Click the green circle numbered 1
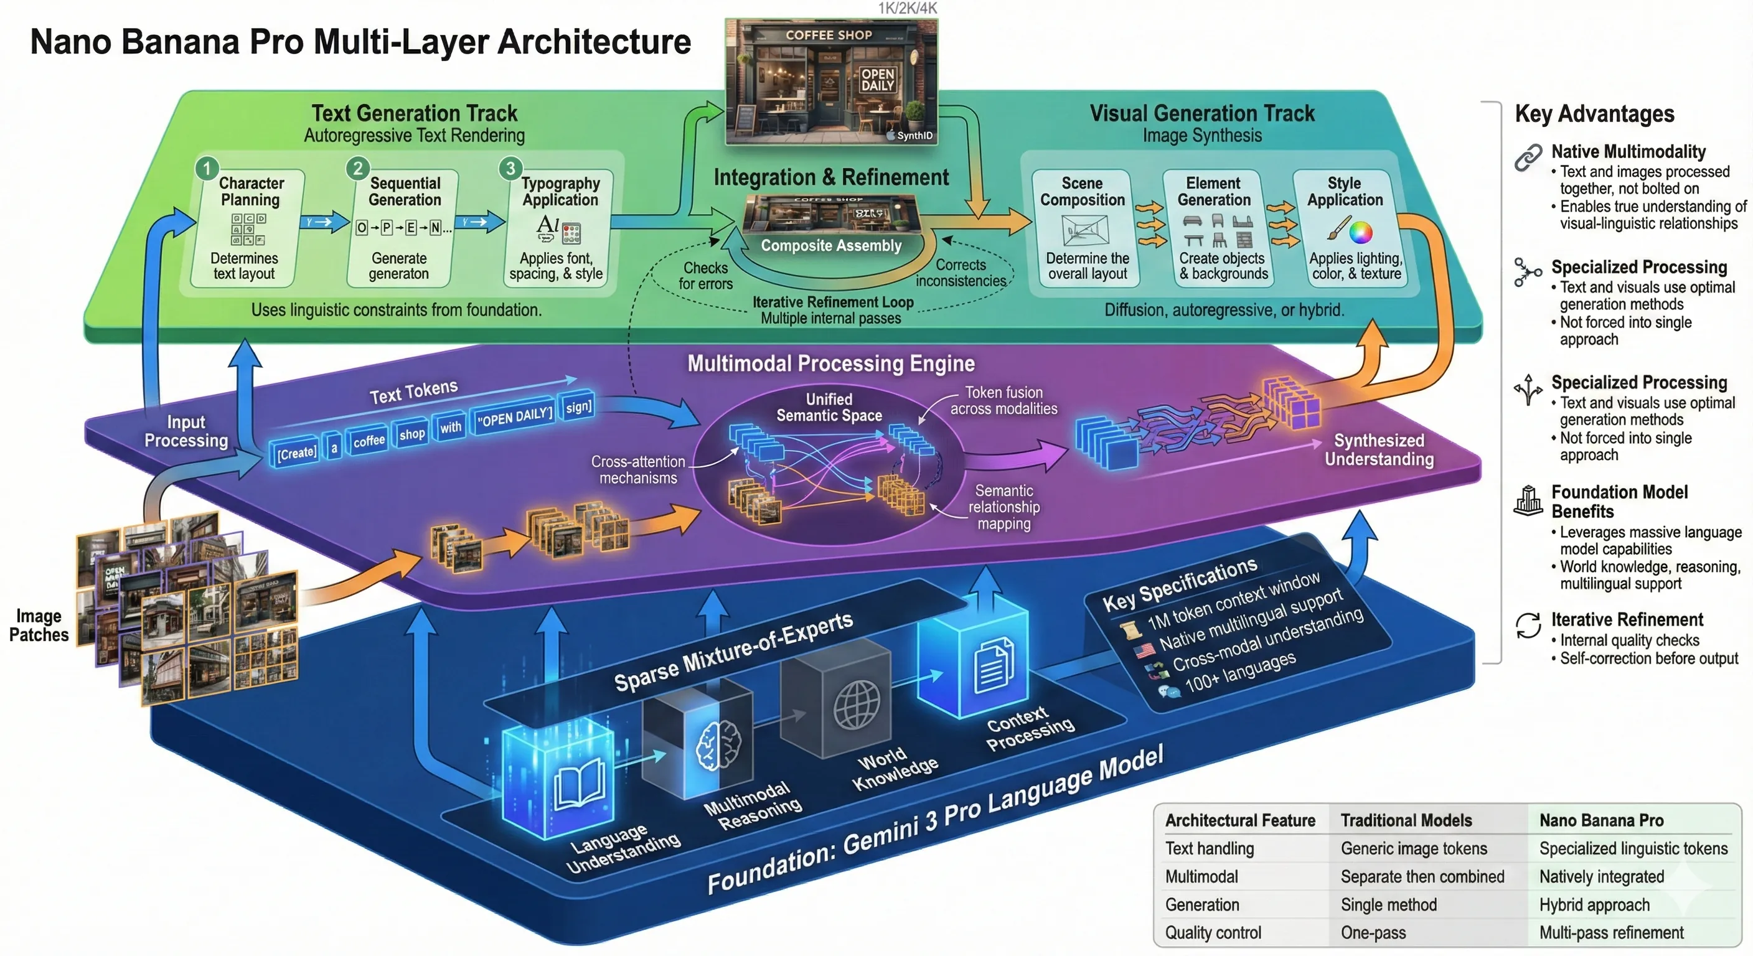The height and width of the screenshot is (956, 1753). pyautogui.click(x=207, y=167)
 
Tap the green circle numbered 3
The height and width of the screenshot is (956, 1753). pyautogui.click(x=510, y=167)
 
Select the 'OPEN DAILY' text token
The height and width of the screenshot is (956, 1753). pyautogui.click(x=514, y=416)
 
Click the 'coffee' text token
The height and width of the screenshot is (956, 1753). pyautogui.click(x=369, y=440)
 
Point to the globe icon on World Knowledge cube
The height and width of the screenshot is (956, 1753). pyautogui.click(x=856, y=705)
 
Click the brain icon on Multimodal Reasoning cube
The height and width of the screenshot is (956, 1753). pyautogui.click(x=718, y=745)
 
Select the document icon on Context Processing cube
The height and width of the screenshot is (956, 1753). pyautogui.click(x=994, y=666)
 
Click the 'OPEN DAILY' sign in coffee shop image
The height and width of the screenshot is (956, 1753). pyautogui.click(x=876, y=80)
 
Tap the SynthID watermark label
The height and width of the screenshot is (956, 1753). pyautogui.click(x=910, y=136)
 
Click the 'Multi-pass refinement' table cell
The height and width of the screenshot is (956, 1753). pyautogui.click(x=1611, y=932)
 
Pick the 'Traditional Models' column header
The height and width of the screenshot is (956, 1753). pyautogui.click(x=1405, y=820)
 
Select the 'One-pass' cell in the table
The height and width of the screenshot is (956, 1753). pyautogui.click(x=1373, y=932)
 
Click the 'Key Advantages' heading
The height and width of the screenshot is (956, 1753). pyautogui.click(x=1594, y=114)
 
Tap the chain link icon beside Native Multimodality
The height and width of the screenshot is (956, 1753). pyautogui.click(x=1528, y=157)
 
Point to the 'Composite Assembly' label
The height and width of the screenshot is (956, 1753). pyautogui.click(x=830, y=246)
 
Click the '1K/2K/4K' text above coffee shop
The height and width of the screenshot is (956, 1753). pyautogui.click(x=906, y=8)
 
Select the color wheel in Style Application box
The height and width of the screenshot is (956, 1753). pyautogui.click(x=1360, y=232)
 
